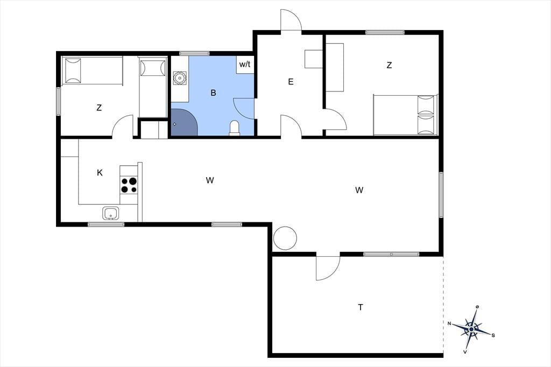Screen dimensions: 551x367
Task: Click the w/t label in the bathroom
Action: (x=245, y=65)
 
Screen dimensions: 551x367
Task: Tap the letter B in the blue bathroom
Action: (x=213, y=93)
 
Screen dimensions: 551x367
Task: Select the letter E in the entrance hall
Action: (x=291, y=82)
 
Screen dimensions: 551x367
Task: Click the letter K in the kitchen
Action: (x=100, y=173)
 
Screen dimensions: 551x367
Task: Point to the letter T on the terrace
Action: (x=360, y=307)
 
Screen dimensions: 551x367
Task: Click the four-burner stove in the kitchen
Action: (x=129, y=185)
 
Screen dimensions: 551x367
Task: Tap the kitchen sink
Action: (x=111, y=213)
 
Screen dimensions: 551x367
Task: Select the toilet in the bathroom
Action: (x=235, y=128)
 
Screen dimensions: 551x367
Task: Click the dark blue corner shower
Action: (x=184, y=122)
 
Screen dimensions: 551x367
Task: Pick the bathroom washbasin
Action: (x=180, y=77)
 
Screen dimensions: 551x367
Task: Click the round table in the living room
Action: (x=285, y=238)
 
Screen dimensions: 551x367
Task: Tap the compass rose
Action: (x=471, y=329)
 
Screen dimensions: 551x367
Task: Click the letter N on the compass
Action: (x=449, y=323)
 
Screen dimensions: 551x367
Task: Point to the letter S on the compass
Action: (x=493, y=335)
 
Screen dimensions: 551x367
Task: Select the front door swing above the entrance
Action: (x=291, y=20)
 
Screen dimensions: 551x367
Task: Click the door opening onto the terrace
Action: (x=328, y=267)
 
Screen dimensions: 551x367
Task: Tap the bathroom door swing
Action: (x=244, y=109)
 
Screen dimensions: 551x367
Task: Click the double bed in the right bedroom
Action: (x=406, y=115)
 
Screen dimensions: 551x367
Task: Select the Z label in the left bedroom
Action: (x=99, y=108)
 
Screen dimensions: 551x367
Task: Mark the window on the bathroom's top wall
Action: (x=194, y=53)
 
